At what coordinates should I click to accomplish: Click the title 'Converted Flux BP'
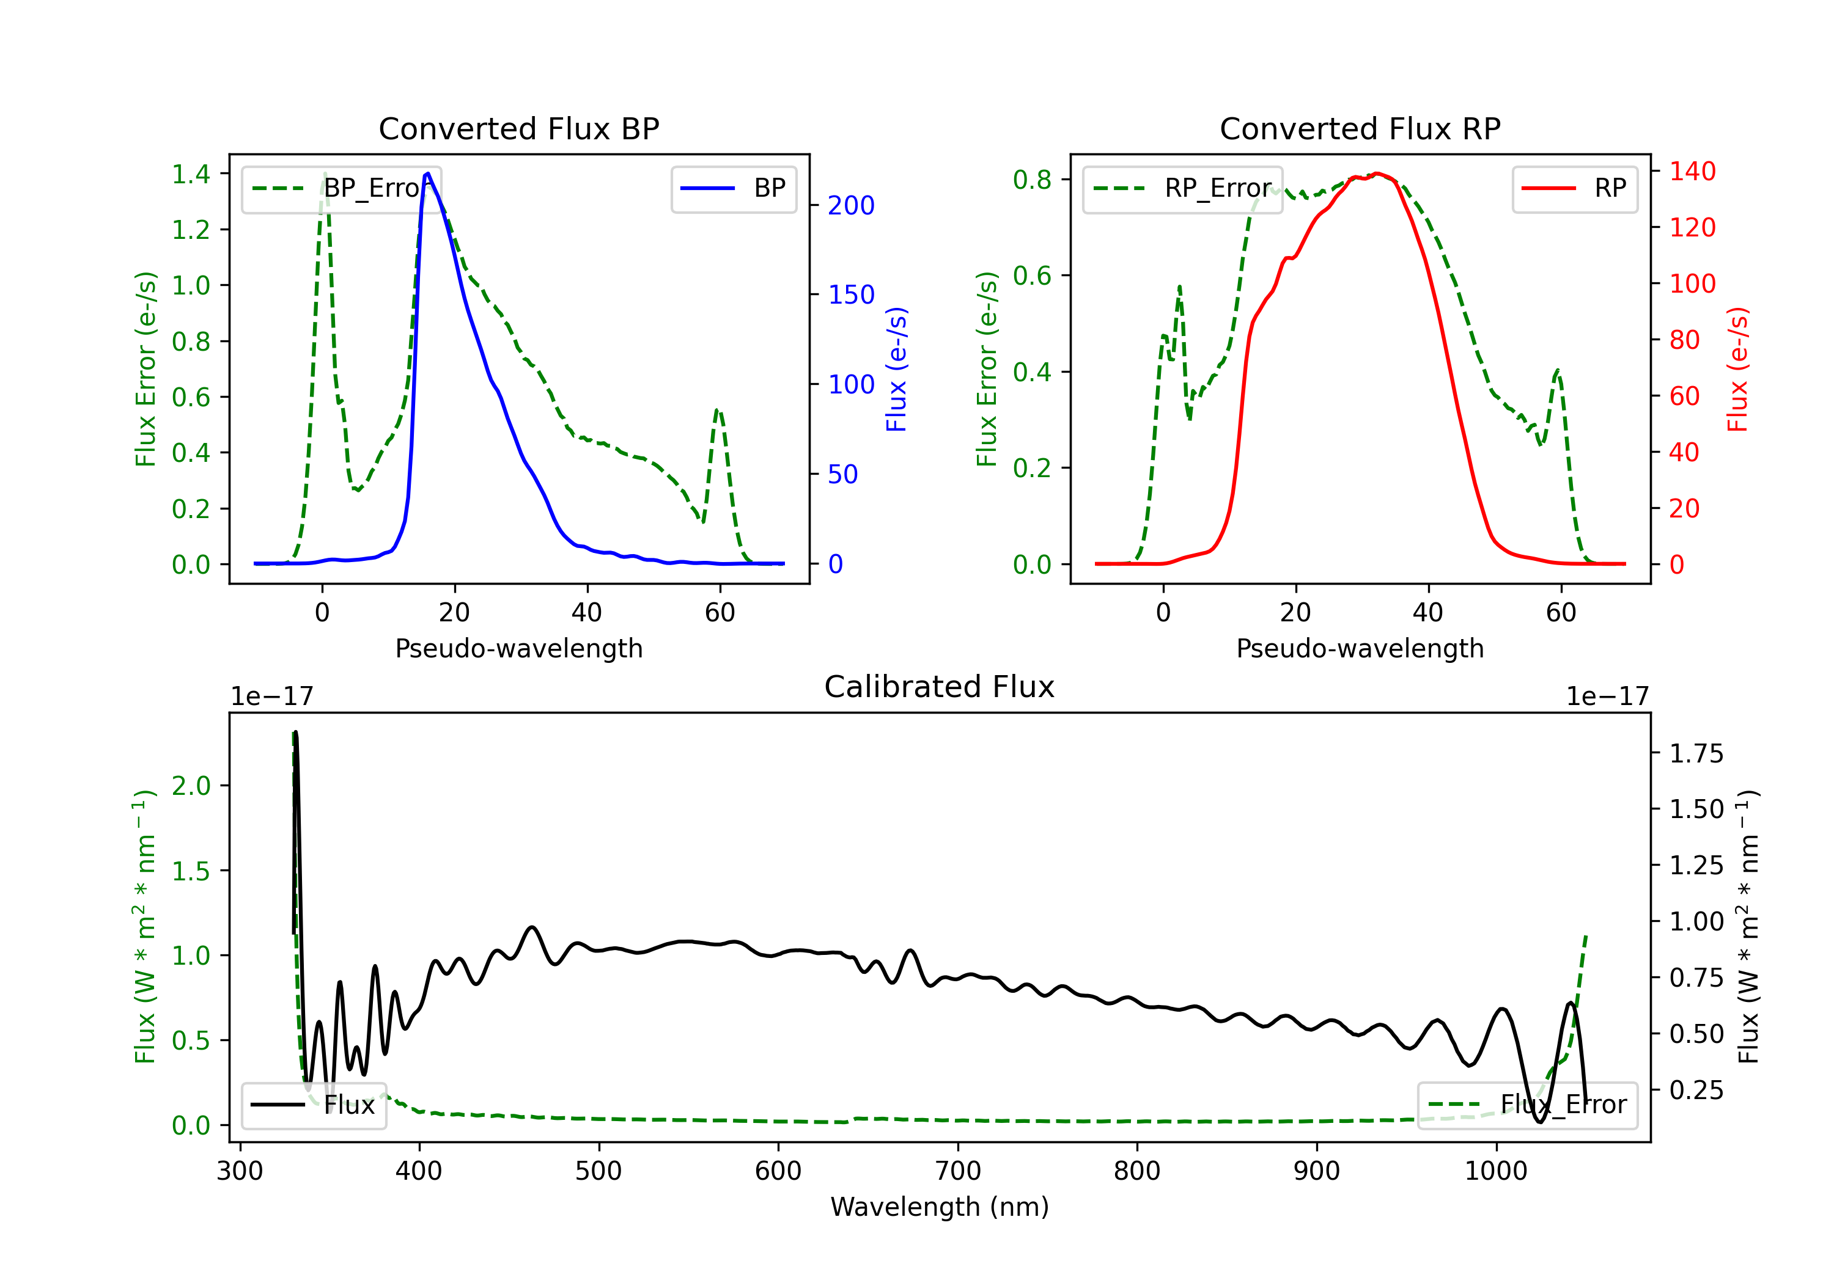click(x=518, y=128)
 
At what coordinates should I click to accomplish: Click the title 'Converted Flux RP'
click(x=1360, y=128)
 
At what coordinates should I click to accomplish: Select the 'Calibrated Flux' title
click(x=940, y=687)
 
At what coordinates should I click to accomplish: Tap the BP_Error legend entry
click(x=341, y=188)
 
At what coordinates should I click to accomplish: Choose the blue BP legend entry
click(x=733, y=188)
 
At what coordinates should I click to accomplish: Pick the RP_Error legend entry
click(x=1182, y=188)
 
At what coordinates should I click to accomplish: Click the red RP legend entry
click(x=1574, y=188)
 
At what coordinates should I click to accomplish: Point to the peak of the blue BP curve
click(x=428, y=174)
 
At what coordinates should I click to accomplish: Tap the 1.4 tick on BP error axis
click(x=191, y=174)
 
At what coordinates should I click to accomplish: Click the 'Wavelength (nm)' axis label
click(x=940, y=1207)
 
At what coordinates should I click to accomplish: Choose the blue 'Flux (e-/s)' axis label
click(x=896, y=369)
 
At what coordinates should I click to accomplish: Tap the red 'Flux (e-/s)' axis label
click(x=1737, y=369)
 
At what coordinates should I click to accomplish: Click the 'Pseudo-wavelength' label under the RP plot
click(x=1360, y=648)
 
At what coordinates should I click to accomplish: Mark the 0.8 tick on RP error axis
click(x=1032, y=179)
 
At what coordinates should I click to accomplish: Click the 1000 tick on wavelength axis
click(x=1496, y=1171)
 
